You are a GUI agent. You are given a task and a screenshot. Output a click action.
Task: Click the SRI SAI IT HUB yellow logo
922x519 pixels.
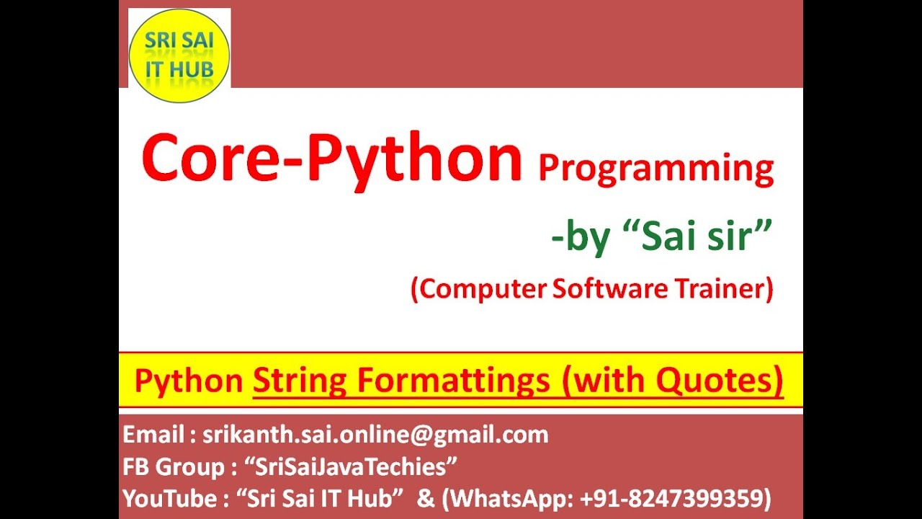[179, 56]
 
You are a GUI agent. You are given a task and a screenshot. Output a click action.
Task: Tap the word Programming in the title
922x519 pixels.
[655, 169]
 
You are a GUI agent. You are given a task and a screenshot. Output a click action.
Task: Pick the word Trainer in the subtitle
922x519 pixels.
[723, 289]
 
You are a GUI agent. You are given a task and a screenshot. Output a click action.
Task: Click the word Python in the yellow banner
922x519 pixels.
[189, 381]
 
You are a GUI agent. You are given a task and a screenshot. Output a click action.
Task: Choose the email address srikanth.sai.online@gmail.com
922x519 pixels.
[375, 435]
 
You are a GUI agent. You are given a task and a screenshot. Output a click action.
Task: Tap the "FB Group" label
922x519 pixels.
[174, 467]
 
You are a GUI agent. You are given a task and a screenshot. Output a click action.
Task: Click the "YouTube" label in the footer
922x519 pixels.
[170, 499]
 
